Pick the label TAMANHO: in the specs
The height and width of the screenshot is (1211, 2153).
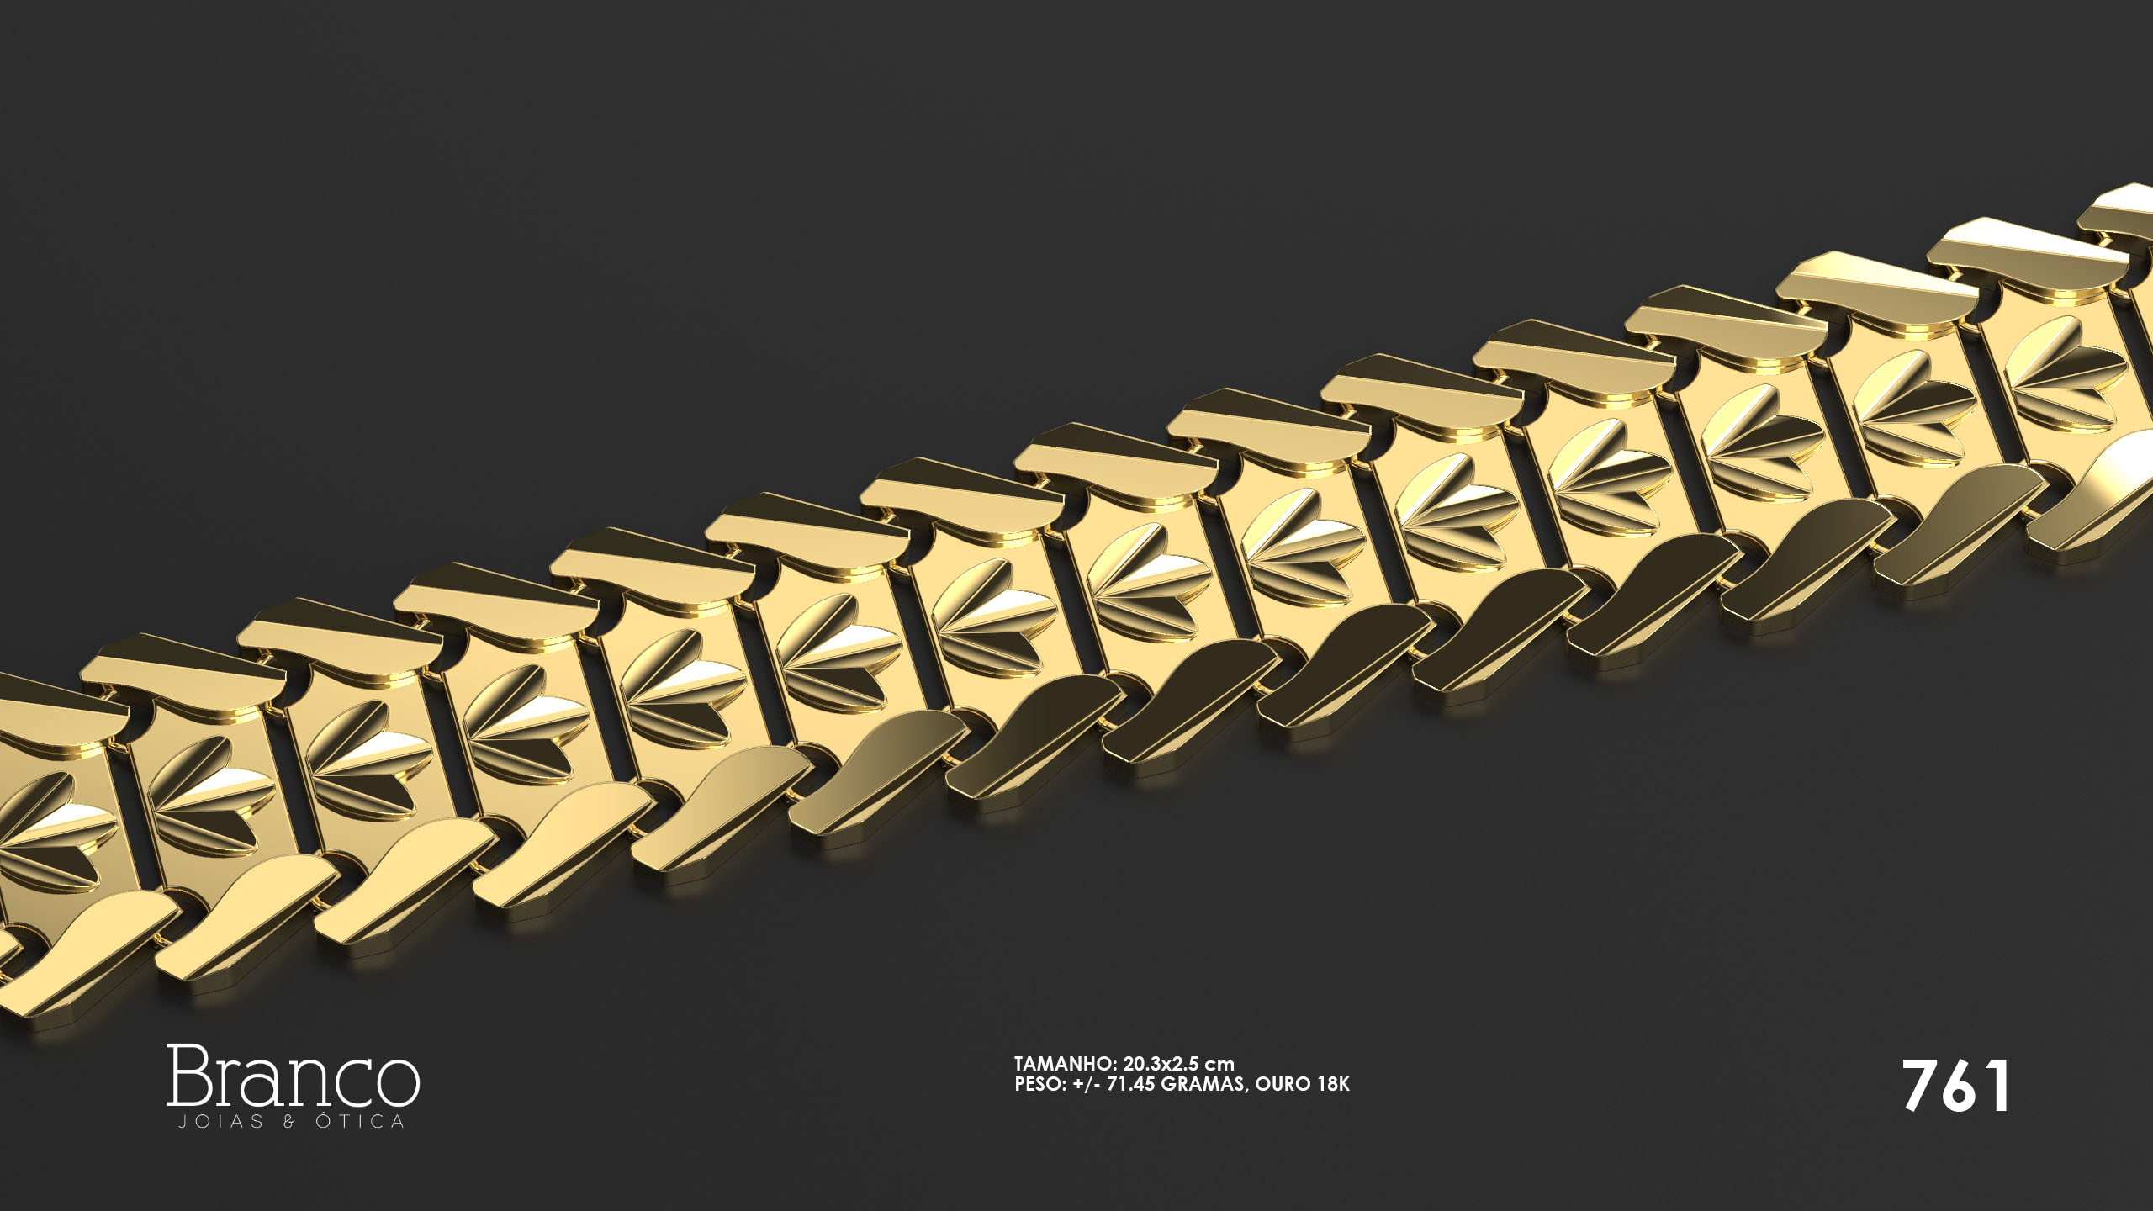click(1066, 1064)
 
